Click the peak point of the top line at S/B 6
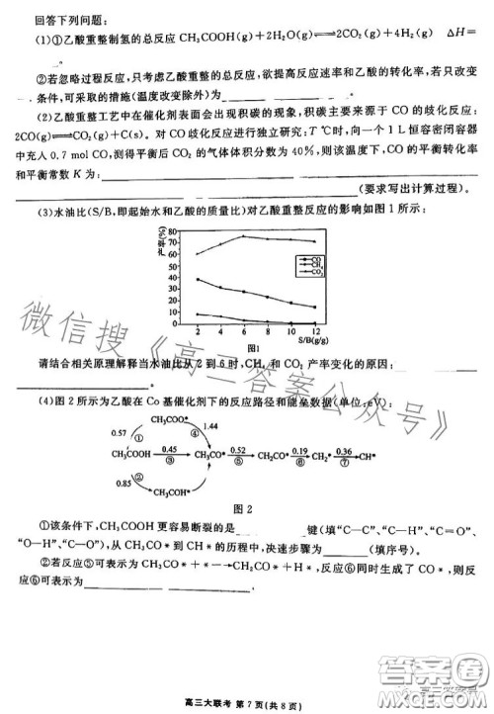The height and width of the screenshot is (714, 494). pos(244,236)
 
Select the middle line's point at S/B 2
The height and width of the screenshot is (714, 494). pos(198,279)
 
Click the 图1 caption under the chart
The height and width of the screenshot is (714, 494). pos(253,348)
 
